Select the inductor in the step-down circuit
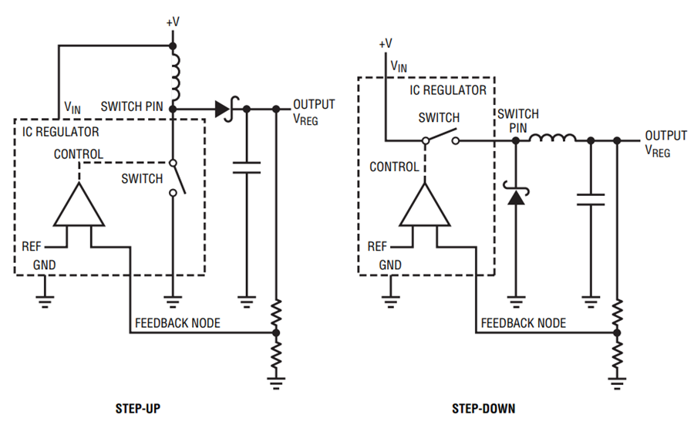click(x=552, y=139)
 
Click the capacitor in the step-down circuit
click(x=591, y=200)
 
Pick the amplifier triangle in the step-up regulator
click(x=79, y=206)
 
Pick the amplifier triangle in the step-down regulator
click(x=423, y=206)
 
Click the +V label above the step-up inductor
click(x=173, y=22)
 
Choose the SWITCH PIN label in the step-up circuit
click(x=132, y=106)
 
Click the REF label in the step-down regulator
click(x=377, y=247)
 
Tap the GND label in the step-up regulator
click(x=44, y=265)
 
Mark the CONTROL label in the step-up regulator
click(x=79, y=154)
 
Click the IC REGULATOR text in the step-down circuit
click(x=448, y=90)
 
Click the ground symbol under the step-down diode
click(x=516, y=299)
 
